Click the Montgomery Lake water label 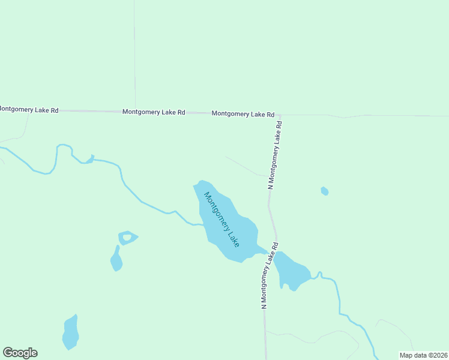221,219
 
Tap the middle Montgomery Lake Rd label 154,112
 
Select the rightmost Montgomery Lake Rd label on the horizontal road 243,114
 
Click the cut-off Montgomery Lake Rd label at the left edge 29,110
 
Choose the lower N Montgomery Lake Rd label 269,275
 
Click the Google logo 20,353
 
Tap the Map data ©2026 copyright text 424,355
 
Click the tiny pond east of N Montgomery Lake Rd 324,191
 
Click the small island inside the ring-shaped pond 127,238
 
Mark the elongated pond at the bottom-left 70,333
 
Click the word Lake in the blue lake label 233,237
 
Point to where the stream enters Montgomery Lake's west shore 202,225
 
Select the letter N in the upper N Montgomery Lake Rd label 270,187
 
